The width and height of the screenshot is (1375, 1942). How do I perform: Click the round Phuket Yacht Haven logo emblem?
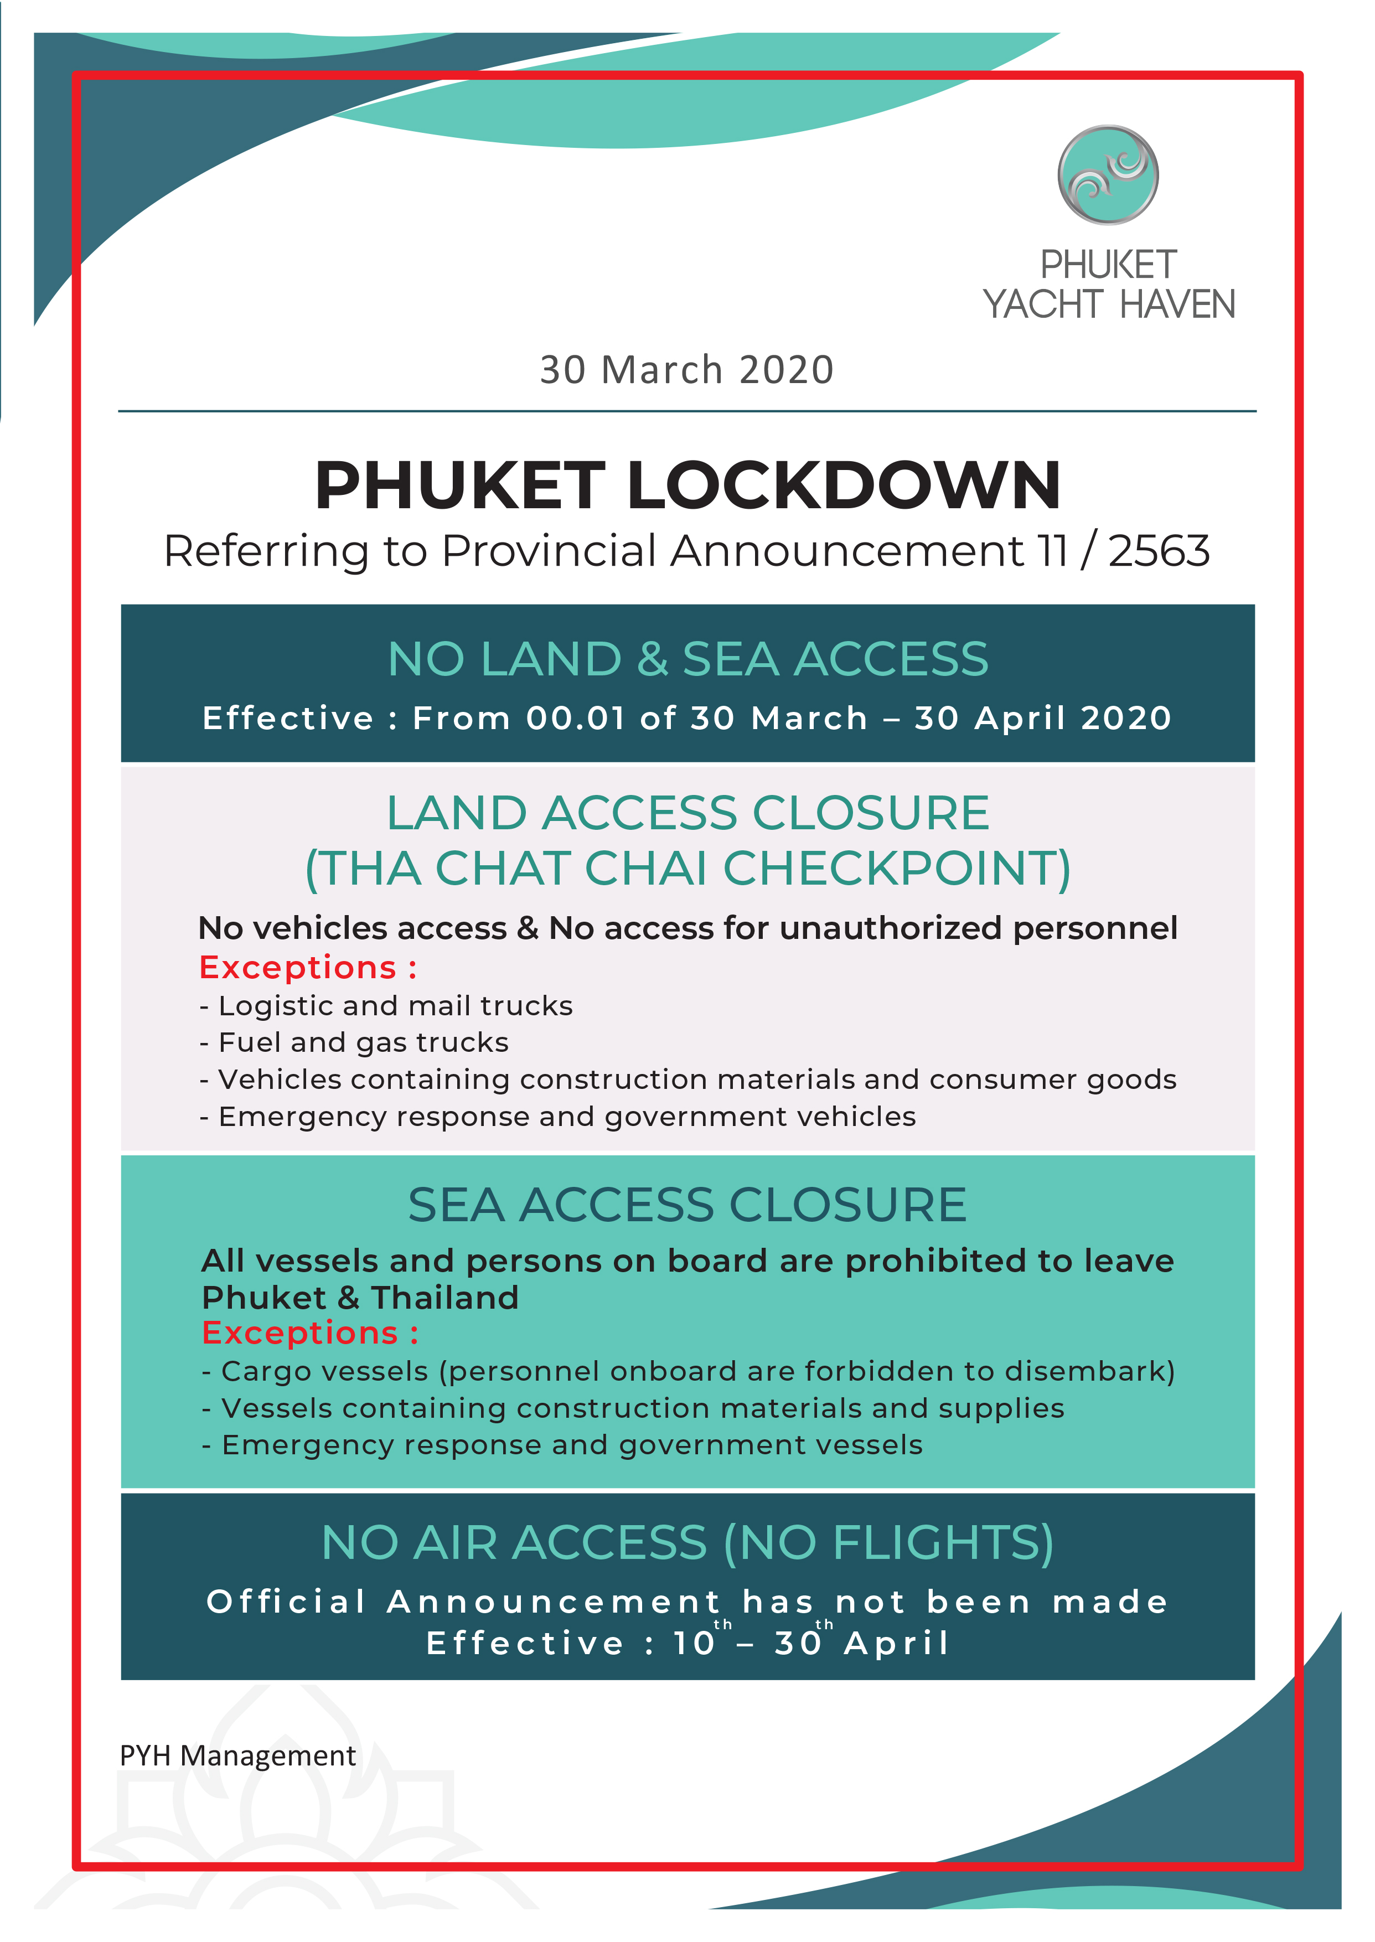pyautogui.click(x=1108, y=175)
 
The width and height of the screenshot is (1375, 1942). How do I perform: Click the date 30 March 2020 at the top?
pyautogui.click(x=686, y=370)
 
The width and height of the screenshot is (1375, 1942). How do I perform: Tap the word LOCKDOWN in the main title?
pyautogui.click(x=844, y=486)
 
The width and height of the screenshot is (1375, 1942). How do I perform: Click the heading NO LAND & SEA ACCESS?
pyautogui.click(x=687, y=659)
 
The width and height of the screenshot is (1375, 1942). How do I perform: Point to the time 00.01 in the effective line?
pyautogui.click(x=575, y=718)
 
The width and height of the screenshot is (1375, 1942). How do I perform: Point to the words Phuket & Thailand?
pyautogui.click(x=360, y=1298)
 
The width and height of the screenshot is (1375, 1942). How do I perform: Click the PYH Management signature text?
pyautogui.click(x=238, y=1756)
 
